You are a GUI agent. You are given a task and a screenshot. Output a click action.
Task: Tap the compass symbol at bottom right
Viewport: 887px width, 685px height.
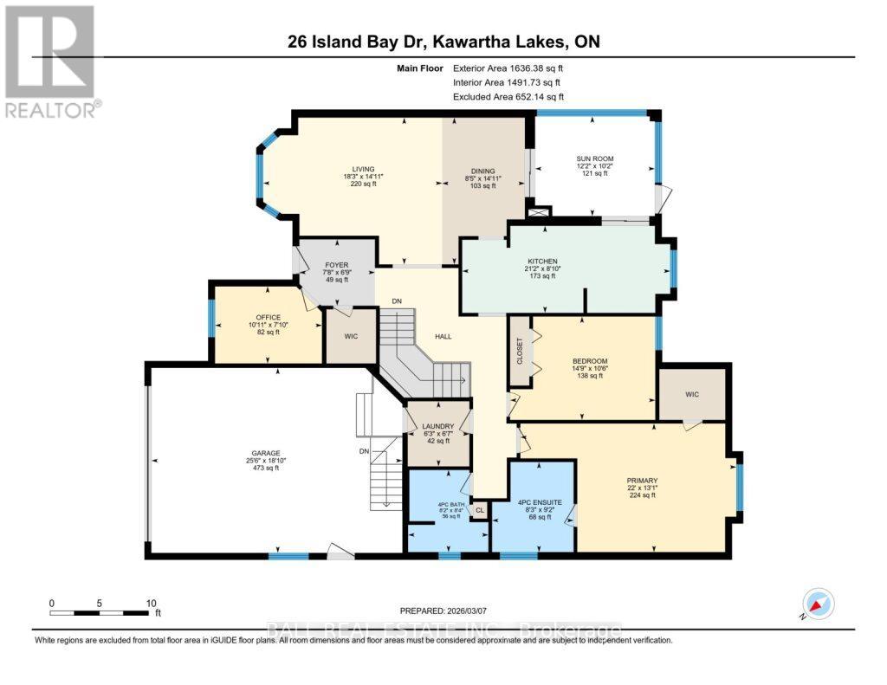pos(817,604)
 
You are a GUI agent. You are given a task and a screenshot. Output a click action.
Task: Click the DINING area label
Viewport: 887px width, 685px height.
pos(482,171)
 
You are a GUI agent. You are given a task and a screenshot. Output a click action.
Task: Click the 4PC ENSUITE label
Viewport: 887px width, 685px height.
pos(542,501)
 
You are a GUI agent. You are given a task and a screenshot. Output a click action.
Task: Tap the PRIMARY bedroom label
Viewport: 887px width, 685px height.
pos(642,481)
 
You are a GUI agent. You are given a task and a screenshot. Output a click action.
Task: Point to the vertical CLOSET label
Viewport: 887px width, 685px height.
pos(520,351)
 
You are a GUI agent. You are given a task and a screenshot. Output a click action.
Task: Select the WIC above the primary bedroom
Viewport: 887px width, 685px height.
pos(692,394)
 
